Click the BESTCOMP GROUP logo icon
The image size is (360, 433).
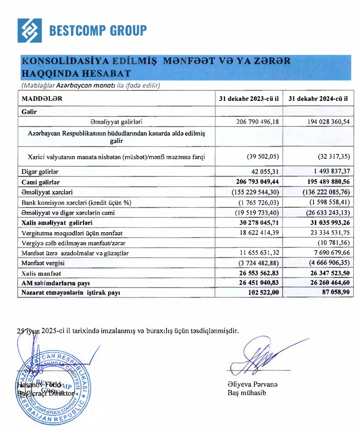[29, 30]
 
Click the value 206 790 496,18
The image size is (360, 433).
[256, 121]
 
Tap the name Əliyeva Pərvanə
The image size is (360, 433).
[253, 384]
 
